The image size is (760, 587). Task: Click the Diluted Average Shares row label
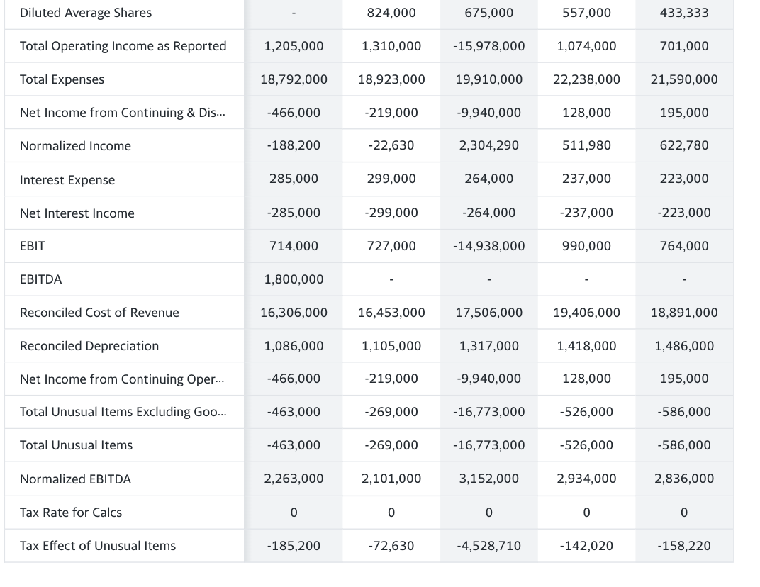point(86,13)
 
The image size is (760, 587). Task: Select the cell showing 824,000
point(391,13)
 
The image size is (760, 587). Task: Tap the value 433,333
point(683,13)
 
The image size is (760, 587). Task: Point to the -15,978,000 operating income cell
point(488,46)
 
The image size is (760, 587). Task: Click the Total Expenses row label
point(62,79)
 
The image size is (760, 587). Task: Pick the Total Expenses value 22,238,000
point(586,79)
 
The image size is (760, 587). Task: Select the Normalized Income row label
point(75,146)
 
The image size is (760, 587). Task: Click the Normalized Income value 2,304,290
point(488,145)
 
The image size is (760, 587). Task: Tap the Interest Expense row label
point(67,180)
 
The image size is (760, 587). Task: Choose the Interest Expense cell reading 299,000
point(391,179)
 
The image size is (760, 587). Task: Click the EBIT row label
point(33,246)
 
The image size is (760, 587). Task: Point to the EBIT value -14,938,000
point(488,246)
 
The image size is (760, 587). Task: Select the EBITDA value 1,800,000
point(294,279)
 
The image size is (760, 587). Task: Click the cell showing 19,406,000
point(586,313)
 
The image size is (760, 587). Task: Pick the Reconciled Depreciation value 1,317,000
point(488,346)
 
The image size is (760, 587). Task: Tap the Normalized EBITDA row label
point(75,479)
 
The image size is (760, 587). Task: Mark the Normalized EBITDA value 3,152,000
point(488,479)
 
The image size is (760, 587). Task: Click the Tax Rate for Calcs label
point(71,513)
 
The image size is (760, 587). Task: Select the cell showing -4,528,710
point(488,546)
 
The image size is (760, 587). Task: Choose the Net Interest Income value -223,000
point(683,213)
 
